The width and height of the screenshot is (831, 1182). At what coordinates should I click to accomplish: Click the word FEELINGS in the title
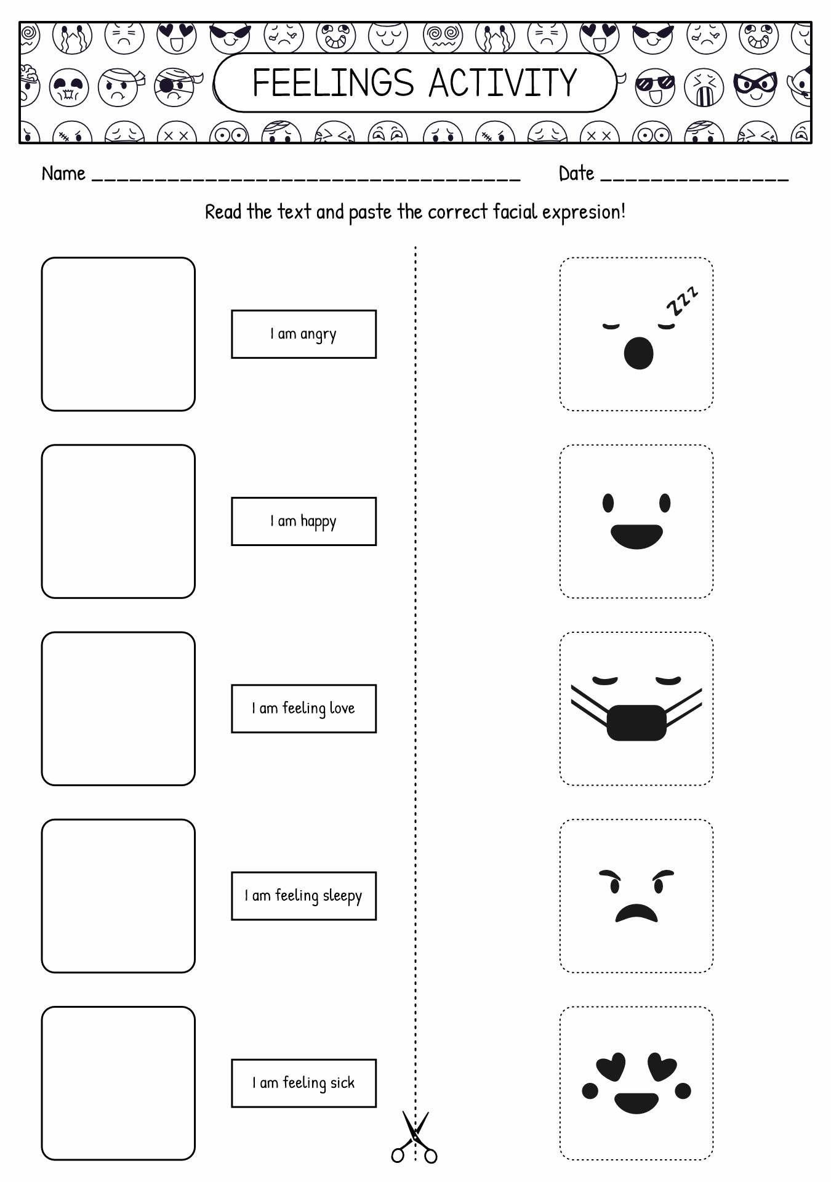[x=333, y=83]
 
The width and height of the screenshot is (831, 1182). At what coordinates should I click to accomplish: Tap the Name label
[x=63, y=174]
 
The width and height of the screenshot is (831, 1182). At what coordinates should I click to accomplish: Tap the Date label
[x=576, y=174]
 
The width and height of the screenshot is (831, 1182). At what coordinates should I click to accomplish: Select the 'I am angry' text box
[x=303, y=334]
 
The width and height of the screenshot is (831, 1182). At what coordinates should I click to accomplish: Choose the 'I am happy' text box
[x=303, y=521]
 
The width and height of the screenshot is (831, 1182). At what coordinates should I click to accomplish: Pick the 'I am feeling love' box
[x=303, y=709]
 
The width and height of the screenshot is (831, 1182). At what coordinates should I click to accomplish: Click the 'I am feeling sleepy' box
[x=303, y=896]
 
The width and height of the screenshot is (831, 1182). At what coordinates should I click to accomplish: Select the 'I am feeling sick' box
[x=303, y=1083]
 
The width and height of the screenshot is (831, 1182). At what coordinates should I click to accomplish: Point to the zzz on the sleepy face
[x=682, y=300]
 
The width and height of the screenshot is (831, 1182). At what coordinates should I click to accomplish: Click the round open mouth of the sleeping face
[x=638, y=353]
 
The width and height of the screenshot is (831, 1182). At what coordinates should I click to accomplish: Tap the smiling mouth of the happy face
[x=636, y=536]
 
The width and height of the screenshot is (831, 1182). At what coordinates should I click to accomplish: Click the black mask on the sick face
[x=636, y=722]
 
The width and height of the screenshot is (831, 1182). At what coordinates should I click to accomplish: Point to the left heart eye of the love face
[x=611, y=1066]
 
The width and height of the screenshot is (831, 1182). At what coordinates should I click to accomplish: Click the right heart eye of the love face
[x=662, y=1066]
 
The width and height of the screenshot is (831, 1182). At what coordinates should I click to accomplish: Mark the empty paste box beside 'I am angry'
[x=118, y=334]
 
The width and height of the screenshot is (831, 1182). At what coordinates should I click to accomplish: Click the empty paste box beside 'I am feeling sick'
[x=118, y=1083]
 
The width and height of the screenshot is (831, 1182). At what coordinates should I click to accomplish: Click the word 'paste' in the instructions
[x=370, y=212]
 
